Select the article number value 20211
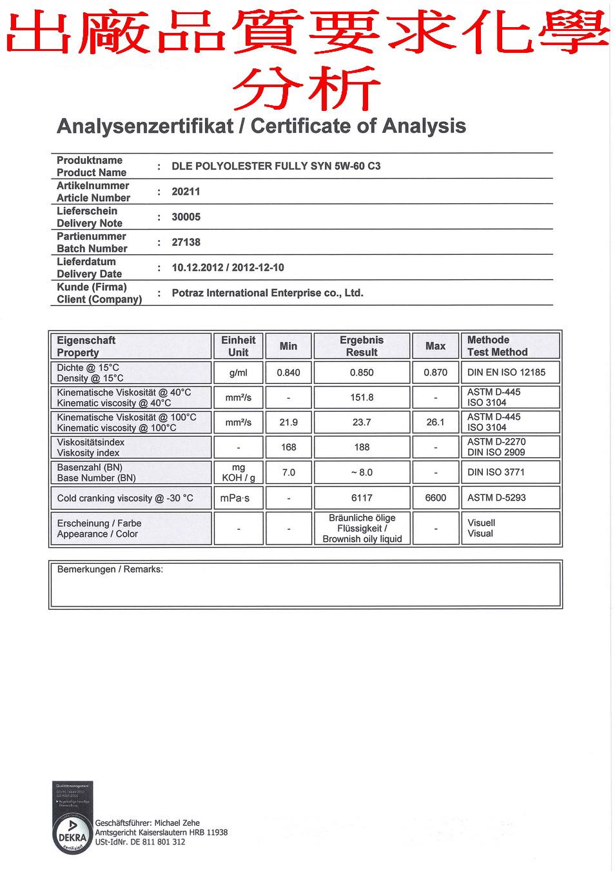click(186, 192)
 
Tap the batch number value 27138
click(186, 242)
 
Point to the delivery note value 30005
click(186, 217)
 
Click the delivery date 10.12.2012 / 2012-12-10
click(228, 268)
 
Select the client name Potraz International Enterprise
click(267, 293)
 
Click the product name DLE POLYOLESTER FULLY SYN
click(276, 166)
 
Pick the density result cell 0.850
click(362, 372)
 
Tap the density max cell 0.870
click(435, 372)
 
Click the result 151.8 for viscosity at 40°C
click(362, 397)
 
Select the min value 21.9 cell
click(288, 422)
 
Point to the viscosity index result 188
click(362, 447)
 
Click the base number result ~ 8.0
click(362, 472)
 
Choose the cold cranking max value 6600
click(435, 497)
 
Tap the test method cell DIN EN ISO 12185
click(506, 372)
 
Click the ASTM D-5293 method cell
click(496, 497)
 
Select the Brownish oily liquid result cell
click(362, 528)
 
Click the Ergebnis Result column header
click(362, 346)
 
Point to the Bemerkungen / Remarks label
click(110, 569)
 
